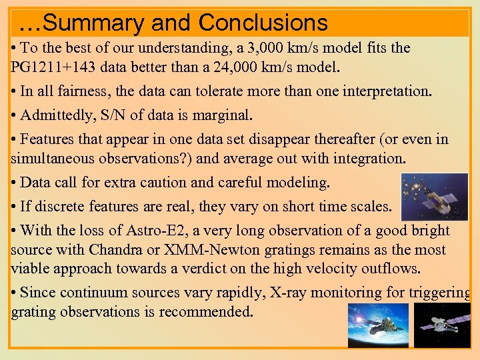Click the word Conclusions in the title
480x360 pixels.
tap(263, 23)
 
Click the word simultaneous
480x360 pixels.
tap(50, 158)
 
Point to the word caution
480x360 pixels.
tap(183, 182)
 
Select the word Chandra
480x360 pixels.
tap(110, 250)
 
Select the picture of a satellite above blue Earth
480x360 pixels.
tap(378, 325)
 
